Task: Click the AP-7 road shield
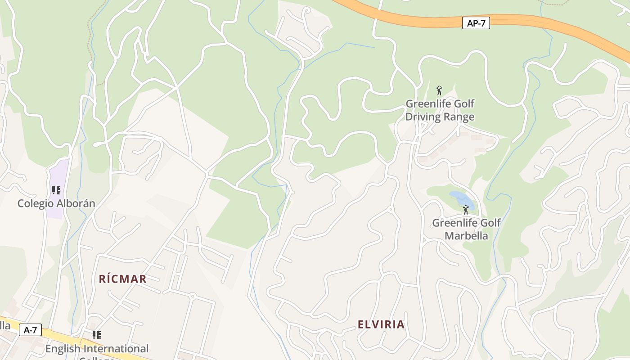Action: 476,23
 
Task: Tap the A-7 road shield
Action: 30,330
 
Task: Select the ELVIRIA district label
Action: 381,324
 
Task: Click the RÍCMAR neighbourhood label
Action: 123,279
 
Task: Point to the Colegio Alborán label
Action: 56,203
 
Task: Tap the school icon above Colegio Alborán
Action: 56,190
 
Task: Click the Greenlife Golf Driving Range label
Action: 440,110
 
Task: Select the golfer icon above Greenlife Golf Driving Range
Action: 439,90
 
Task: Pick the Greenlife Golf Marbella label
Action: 466,229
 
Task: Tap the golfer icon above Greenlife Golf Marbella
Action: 466,210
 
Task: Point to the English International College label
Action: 97,349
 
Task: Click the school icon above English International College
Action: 96,335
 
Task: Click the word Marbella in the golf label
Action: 466,236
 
